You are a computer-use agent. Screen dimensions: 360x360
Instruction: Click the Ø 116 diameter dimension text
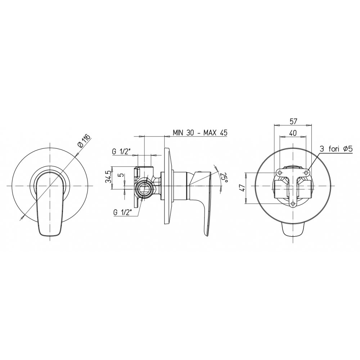85,140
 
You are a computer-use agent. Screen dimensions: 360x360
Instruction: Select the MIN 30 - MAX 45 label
200,132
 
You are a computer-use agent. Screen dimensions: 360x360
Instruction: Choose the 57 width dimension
293,121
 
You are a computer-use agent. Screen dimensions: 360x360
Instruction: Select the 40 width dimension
293,133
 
